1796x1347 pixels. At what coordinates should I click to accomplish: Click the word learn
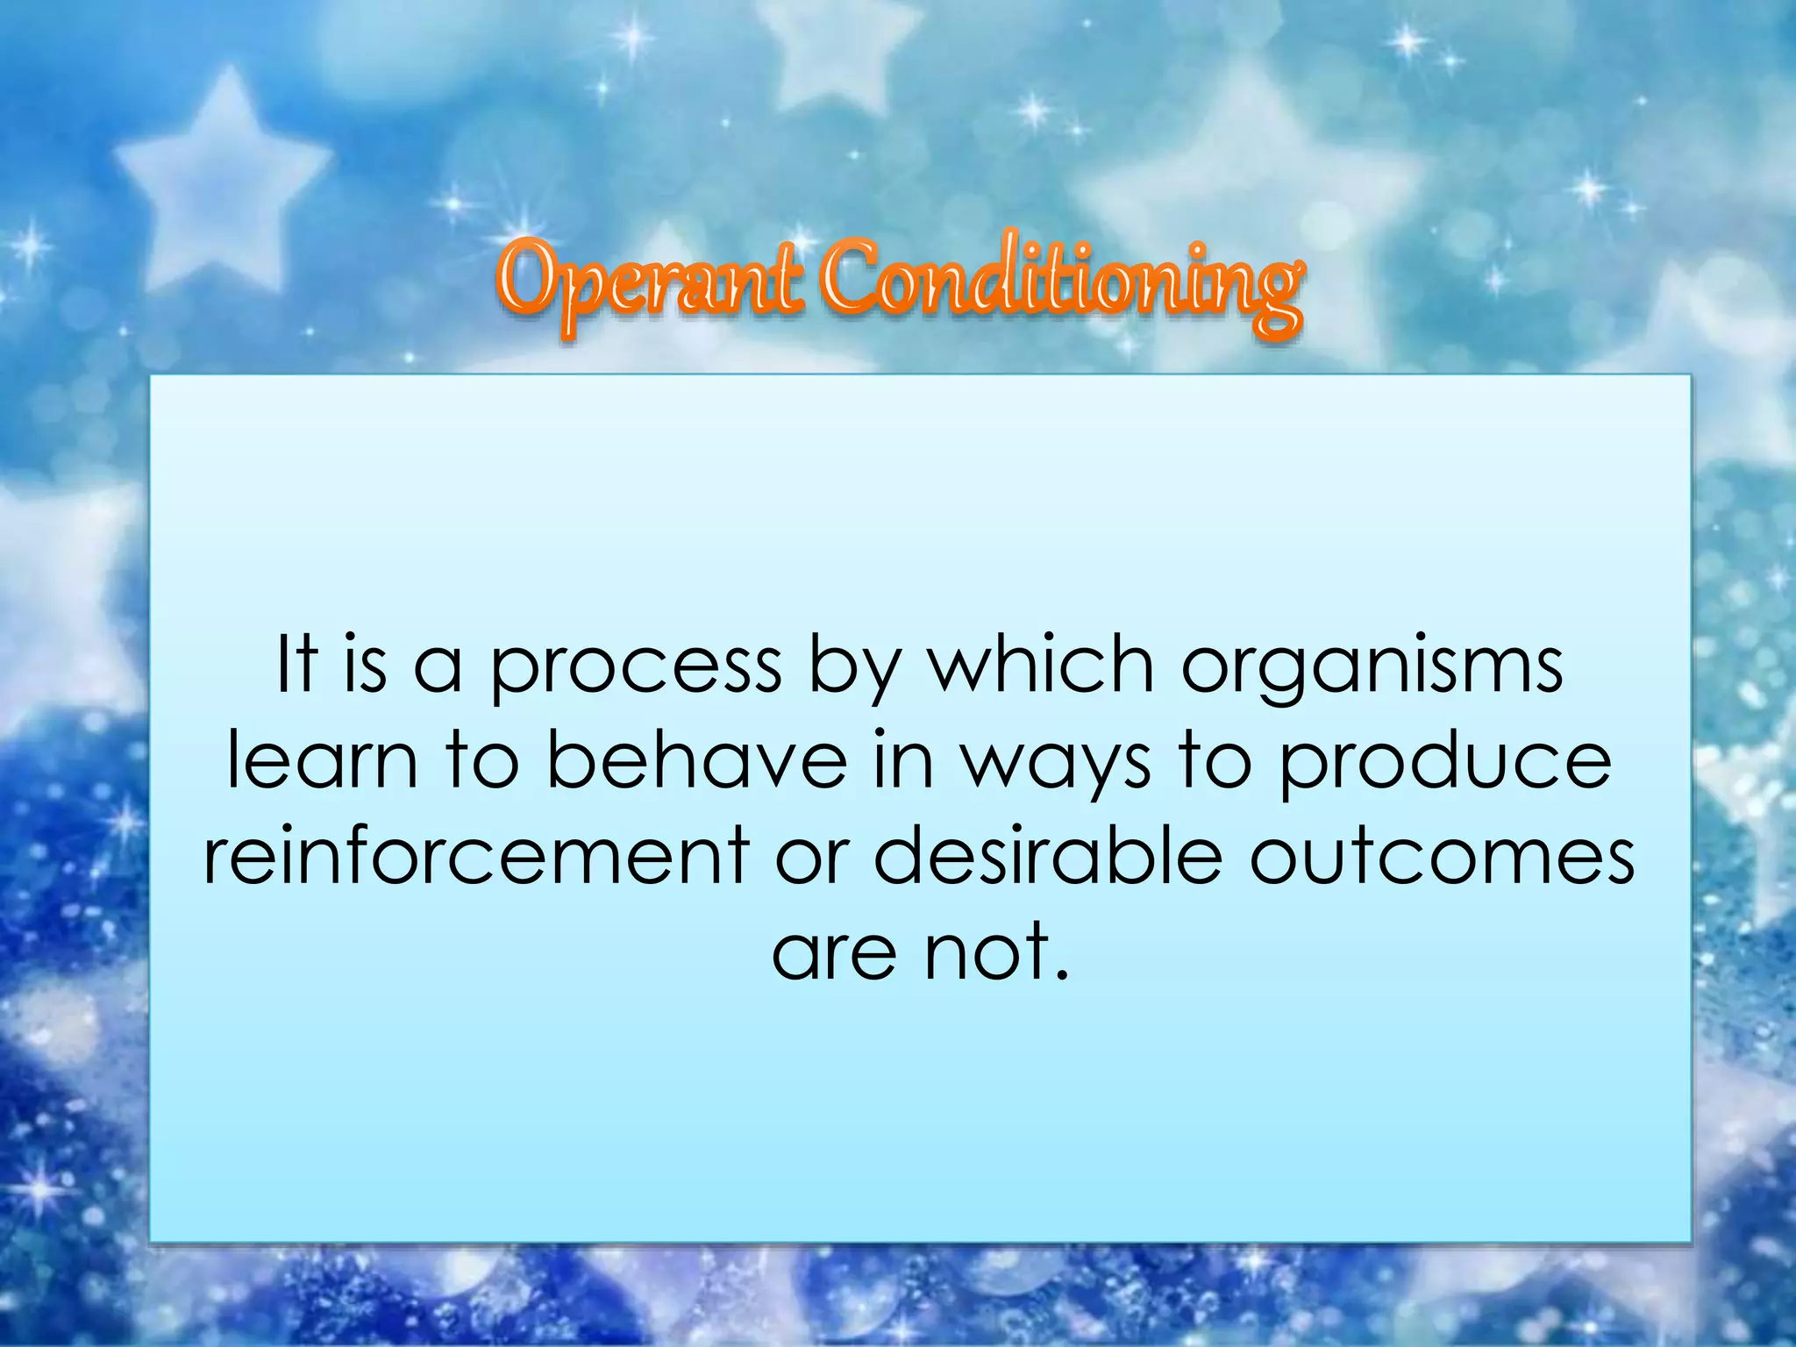point(322,760)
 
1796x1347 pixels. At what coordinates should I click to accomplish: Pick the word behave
point(698,760)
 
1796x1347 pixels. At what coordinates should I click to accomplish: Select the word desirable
point(1048,855)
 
